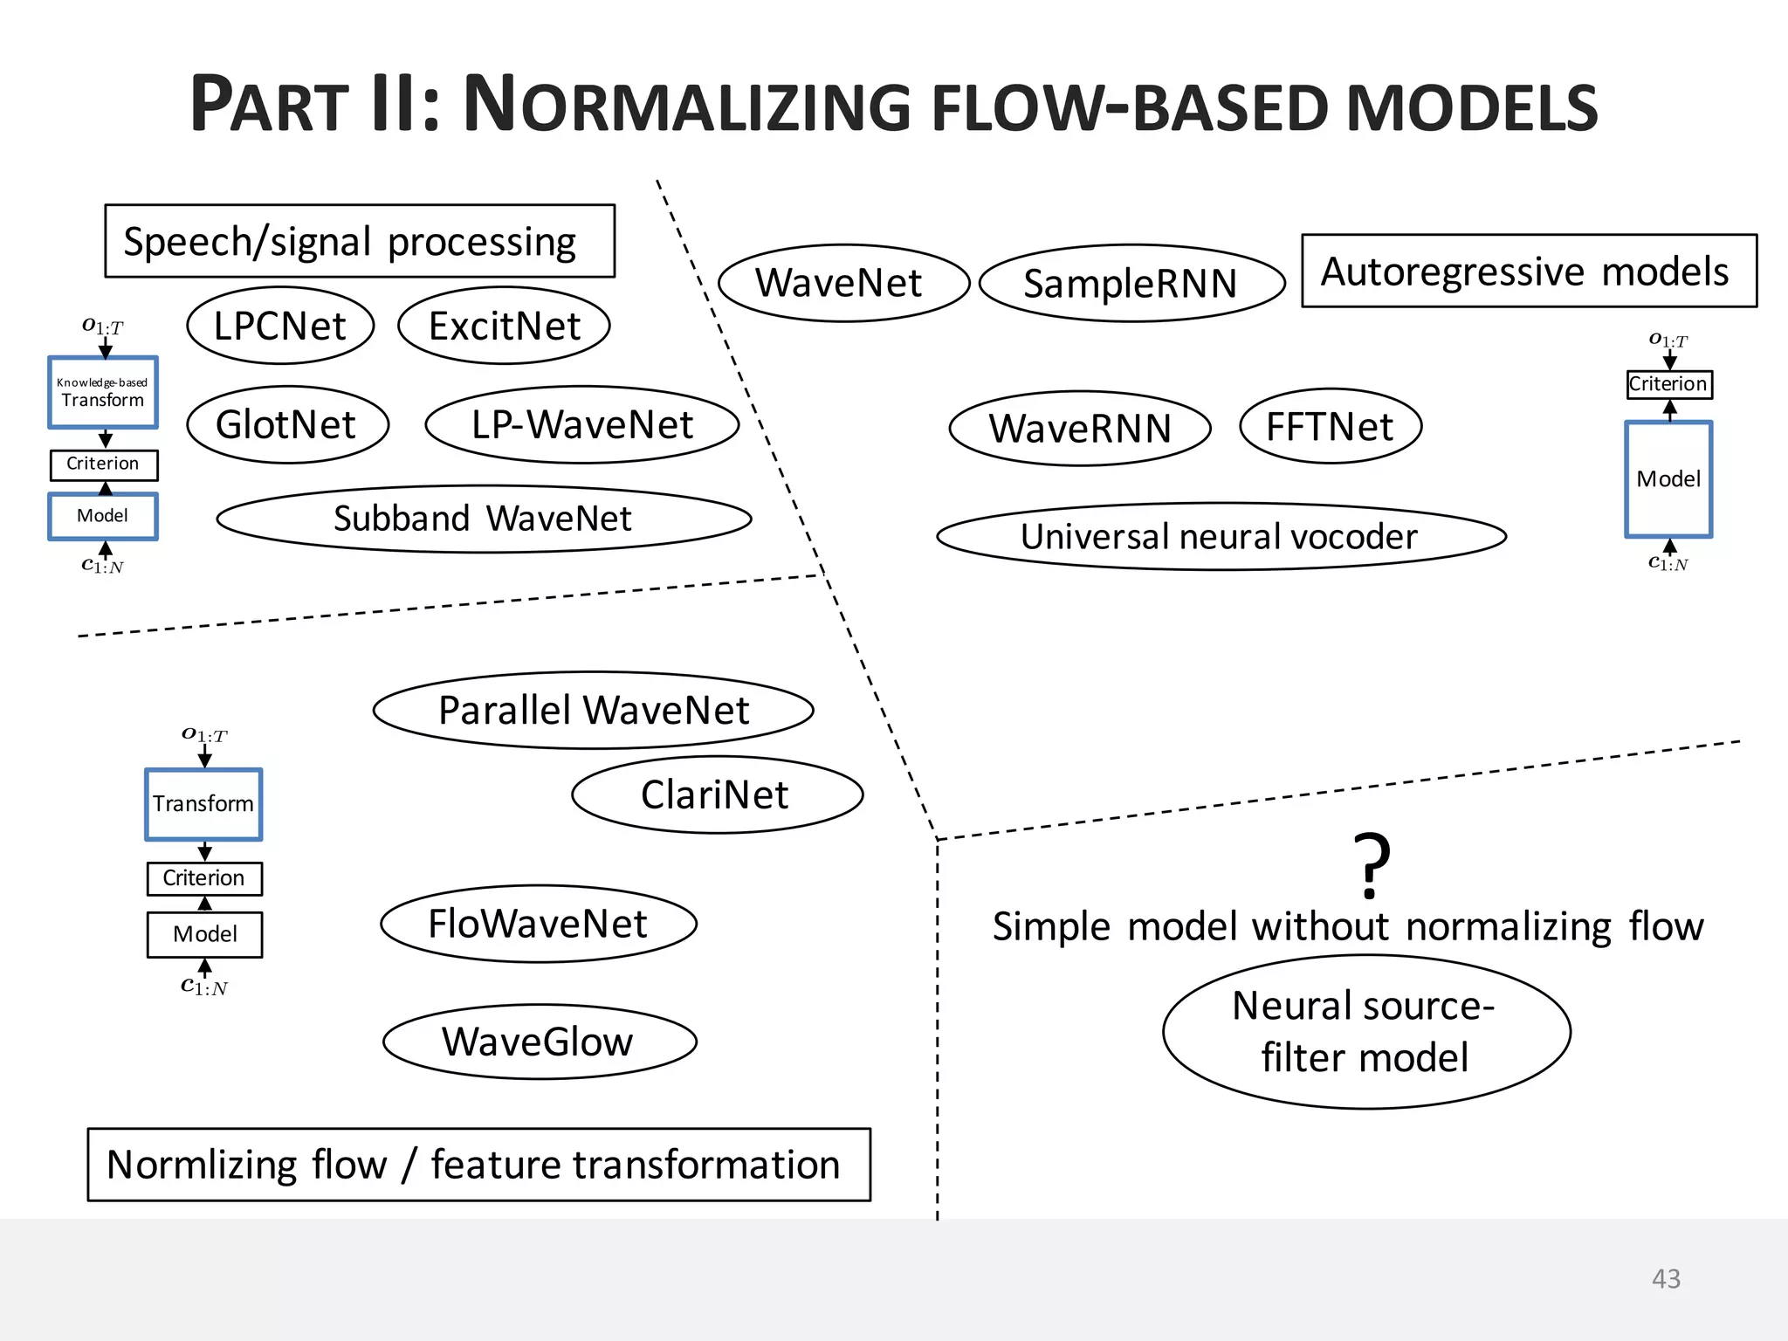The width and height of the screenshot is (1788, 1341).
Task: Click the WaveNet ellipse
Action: (x=843, y=283)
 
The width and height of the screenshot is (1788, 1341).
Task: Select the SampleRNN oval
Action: (x=1131, y=283)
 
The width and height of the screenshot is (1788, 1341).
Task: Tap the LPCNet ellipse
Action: (x=280, y=326)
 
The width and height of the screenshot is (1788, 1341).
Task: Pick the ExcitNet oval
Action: (x=504, y=326)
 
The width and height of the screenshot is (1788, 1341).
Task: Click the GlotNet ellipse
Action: (x=287, y=424)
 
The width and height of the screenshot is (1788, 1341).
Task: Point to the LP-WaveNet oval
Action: (x=581, y=424)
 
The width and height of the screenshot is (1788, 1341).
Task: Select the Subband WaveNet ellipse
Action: (x=484, y=519)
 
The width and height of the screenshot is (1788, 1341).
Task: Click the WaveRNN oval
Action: (x=1080, y=428)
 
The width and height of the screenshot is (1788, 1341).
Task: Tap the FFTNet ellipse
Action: (x=1330, y=426)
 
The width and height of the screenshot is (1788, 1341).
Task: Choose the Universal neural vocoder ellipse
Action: (x=1221, y=536)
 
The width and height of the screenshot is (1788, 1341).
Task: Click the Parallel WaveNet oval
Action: (x=594, y=710)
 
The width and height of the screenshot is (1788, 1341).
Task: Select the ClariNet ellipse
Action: (x=717, y=794)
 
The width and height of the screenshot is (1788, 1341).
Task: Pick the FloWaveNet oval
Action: (x=539, y=924)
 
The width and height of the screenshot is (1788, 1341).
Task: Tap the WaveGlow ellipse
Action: (x=540, y=1042)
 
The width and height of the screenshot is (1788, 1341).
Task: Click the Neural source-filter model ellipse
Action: (x=1366, y=1032)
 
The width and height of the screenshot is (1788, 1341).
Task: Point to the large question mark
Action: (x=1371, y=865)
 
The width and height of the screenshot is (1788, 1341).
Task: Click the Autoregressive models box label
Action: (x=1528, y=271)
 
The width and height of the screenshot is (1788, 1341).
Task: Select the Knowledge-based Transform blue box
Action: (x=103, y=392)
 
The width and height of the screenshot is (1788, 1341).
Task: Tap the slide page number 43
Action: (x=1666, y=1278)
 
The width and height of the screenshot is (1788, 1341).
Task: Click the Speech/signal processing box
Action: (x=359, y=241)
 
